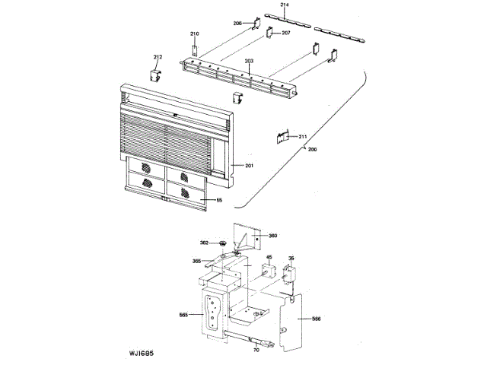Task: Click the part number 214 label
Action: pyautogui.click(x=285, y=5)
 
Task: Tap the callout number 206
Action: pyautogui.click(x=237, y=24)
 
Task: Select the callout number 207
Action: pyautogui.click(x=286, y=33)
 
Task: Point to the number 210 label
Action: pyautogui.click(x=194, y=34)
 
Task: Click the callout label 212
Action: pyautogui.click(x=158, y=57)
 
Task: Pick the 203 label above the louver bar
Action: pyautogui.click(x=249, y=61)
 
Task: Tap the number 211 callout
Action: pyautogui.click(x=302, y=137)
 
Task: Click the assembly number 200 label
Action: pyautogui.click(x=312, y=149)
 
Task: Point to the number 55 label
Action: pyautogui.click(x=219, y=201)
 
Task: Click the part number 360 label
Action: pyautogui.click(x=272, y=236)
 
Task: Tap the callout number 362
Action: pyautogui.click(x=204, y=243)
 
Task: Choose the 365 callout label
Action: pyautogui.click(x=196, y=261)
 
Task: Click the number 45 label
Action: pyautogui.click(x=269, y=258)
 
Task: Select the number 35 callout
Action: pyautogui.click(x=291, y=258)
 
